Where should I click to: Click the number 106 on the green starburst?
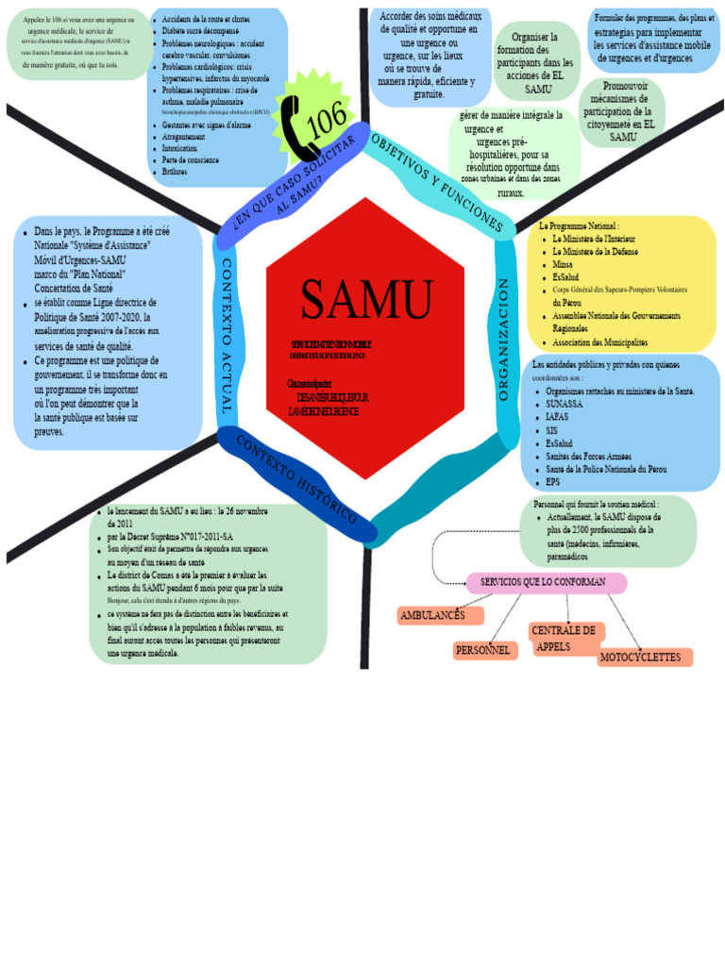point(327,120)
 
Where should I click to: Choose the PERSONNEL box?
point(483,650)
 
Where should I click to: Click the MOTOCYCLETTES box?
point(643,657)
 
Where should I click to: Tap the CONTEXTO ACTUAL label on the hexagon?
point(227,337)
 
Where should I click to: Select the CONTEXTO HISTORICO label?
point(295,481)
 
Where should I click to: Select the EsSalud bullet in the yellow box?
point(567,278)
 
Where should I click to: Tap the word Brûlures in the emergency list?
point(175,172)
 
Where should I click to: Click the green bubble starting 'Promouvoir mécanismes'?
point(622,111)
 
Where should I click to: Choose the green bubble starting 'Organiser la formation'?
point(537,62)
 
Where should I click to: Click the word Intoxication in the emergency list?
point(180,149)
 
